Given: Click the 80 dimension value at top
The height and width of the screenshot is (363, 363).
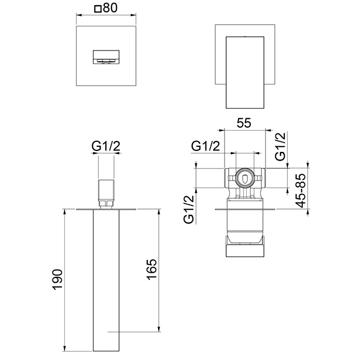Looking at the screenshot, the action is point(110,8).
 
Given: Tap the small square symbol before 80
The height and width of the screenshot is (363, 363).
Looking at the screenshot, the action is point(97,9).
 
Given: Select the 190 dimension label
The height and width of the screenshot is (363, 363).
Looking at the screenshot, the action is point(57,279).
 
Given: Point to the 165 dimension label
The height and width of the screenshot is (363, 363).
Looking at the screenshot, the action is point(152,270).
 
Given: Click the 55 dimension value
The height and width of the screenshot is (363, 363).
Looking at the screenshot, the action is point(244,123).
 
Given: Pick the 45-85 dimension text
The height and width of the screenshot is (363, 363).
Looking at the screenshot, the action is point(301,190).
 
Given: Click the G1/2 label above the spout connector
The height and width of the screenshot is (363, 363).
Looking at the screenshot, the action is point(106,146).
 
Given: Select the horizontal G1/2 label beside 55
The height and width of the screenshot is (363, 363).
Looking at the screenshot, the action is point(205,146).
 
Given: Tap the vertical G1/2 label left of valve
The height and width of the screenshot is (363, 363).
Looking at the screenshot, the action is point(188,210).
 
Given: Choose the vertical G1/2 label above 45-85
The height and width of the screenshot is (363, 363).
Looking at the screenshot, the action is point(281,147).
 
